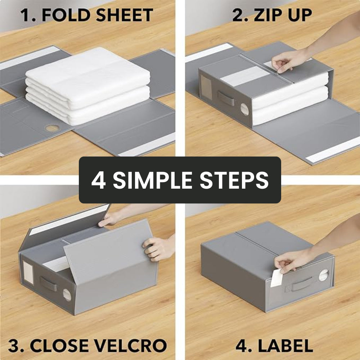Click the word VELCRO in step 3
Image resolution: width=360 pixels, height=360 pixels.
(x=130, y=346)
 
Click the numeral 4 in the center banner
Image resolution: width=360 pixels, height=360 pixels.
(x=99, y=180)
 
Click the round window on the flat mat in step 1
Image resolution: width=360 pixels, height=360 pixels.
(x=52, y=128)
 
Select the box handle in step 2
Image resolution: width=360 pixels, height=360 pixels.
(x=226, y=99)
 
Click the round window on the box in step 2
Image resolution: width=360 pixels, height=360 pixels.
(x=244, y=109)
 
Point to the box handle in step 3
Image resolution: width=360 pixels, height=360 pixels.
(x=48, y=284)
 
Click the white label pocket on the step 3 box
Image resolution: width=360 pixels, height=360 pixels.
(x=28, y=273)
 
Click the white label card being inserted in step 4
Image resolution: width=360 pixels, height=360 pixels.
(x=276, y=278)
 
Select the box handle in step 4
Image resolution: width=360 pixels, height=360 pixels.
(x=302, y=284)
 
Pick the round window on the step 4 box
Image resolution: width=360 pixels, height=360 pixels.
(x=324, y=275)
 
